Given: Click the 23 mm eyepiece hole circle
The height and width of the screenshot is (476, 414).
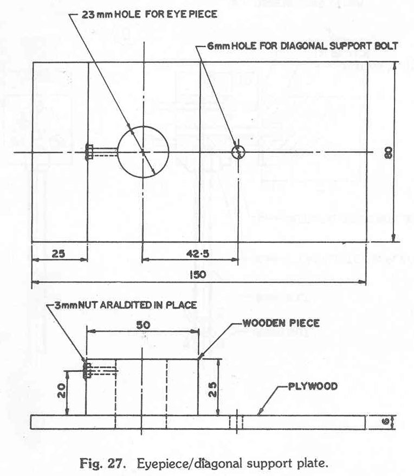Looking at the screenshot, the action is [118, 152].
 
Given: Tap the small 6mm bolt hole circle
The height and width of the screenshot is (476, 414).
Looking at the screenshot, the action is [232, 152].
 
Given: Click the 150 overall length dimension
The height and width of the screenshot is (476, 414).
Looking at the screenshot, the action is [198, 275].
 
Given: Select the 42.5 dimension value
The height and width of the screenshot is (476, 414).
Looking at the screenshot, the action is [198, 254].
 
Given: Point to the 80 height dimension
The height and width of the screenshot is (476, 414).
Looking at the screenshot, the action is [388, 152].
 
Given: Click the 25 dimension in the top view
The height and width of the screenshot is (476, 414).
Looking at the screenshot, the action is [59, 254].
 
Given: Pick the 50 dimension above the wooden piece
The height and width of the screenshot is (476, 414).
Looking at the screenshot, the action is [143, 325].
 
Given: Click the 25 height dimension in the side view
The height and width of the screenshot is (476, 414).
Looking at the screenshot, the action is [212, 390].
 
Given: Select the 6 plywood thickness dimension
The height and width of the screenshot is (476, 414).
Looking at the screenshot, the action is [386, 422].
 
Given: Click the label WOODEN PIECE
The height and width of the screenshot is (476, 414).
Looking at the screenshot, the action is [281, 323].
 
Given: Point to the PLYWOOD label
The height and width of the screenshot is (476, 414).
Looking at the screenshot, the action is [313, 387].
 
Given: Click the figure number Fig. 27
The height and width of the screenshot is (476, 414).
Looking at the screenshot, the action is [102, 464].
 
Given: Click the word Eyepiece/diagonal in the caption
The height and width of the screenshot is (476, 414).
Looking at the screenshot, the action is [190, 464].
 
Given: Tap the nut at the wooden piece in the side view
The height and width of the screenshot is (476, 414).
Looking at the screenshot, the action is [85, 369].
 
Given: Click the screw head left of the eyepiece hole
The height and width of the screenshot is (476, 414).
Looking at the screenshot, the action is [89, 152].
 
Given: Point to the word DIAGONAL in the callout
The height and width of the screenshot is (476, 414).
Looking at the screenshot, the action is [304, 46].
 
